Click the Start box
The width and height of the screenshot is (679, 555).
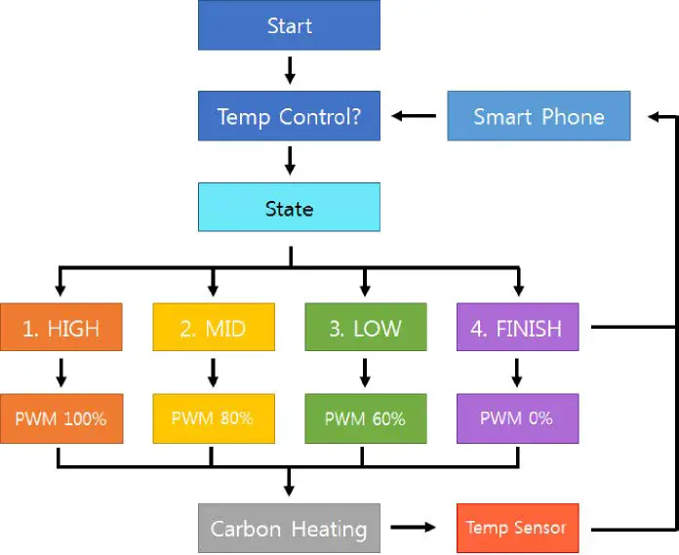tap(289, 25)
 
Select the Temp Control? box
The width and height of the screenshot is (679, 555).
tap(289, 117)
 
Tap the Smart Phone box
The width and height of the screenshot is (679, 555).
tap(539, 117)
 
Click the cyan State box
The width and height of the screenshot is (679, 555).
tap(289, 209)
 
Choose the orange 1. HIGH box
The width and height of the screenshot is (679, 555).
tap(60, 328)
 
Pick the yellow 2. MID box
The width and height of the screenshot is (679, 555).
tap(213, 328)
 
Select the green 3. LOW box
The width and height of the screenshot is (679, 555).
tap(365, 328)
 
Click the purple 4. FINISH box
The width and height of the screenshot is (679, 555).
tap(517, 328)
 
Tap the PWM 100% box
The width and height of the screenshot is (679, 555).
tap(60, 418)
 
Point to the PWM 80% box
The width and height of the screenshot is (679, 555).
tap(213, 418)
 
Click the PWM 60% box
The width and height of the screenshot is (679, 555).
tap(365, 418)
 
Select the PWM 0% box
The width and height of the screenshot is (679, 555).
tap(517, 418)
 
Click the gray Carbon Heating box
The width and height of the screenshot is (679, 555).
tap(289, 529)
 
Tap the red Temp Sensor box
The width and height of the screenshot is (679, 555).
tap(517, 528)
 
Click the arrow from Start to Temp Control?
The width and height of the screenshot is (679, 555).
tap(289, 70)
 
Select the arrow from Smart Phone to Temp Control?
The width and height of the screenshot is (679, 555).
tap(414, 117)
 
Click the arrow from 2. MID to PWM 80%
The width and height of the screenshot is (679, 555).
tap(213, 373)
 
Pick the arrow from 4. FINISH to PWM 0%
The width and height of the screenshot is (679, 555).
tap(517, 373)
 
